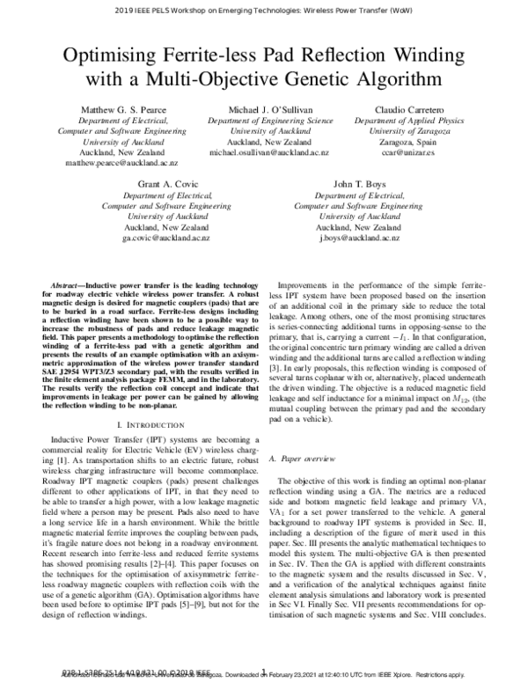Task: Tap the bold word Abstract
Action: click(73, 288)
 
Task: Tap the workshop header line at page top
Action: click(264, 13)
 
